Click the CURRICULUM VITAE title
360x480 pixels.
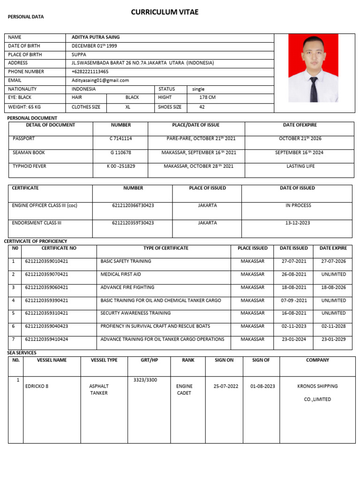165,12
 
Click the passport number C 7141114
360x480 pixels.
120,139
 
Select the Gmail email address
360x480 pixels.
100,80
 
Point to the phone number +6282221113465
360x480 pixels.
90,72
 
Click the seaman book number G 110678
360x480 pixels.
120,153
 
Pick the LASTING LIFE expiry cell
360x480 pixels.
300,166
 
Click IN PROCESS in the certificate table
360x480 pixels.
298,205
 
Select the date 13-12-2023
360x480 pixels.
298,223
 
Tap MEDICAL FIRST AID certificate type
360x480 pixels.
120,274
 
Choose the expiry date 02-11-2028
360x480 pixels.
333,326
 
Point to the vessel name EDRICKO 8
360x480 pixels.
37,386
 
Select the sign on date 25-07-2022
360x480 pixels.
226,386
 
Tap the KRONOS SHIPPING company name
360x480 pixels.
317,386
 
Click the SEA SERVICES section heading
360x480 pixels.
22,352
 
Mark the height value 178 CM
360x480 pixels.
208,97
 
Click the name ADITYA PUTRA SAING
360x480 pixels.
96,37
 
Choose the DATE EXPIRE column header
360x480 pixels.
333,248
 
